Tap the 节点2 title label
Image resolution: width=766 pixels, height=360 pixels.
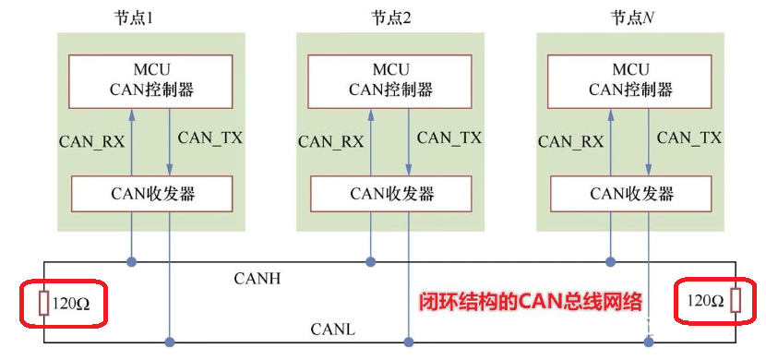391,18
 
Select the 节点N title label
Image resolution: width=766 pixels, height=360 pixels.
631,18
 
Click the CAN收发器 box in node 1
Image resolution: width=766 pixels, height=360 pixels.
150,193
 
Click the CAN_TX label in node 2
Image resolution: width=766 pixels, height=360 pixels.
449,138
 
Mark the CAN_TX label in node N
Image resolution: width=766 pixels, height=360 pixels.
688,138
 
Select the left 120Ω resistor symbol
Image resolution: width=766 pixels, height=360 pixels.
42,302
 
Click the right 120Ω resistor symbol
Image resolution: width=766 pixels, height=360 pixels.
735,301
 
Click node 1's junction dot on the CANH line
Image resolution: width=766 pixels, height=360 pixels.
131,262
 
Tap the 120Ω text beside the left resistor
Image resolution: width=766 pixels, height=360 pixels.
72,303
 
